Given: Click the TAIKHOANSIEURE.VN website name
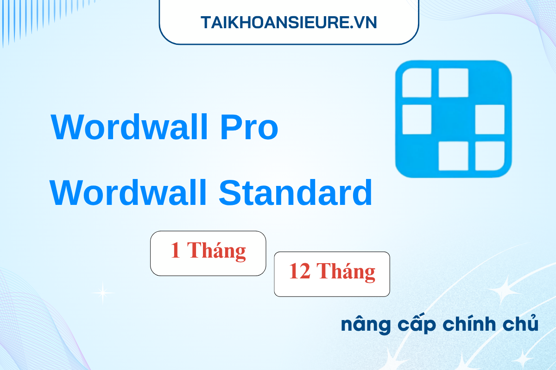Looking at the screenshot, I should (x=289, y=22).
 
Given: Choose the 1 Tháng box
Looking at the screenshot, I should (x=208, y=253).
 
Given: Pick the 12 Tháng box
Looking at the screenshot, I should (x=332, y=274).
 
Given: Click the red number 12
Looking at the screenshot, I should (x=300, y=272).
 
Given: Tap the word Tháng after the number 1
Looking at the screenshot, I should (x=217, y=251).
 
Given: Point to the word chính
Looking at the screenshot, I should (x=465, y=325).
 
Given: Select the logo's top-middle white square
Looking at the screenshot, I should (x=453, y=83).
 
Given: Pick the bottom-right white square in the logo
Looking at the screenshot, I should (x=490, y=156).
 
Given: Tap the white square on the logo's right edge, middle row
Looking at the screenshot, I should (x=490, y=119).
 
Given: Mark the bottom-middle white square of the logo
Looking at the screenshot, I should (x=453, y=156).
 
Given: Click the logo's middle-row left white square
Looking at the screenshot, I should (x=417, y=119).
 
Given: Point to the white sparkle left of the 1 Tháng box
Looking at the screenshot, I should (x=103, y=292).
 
